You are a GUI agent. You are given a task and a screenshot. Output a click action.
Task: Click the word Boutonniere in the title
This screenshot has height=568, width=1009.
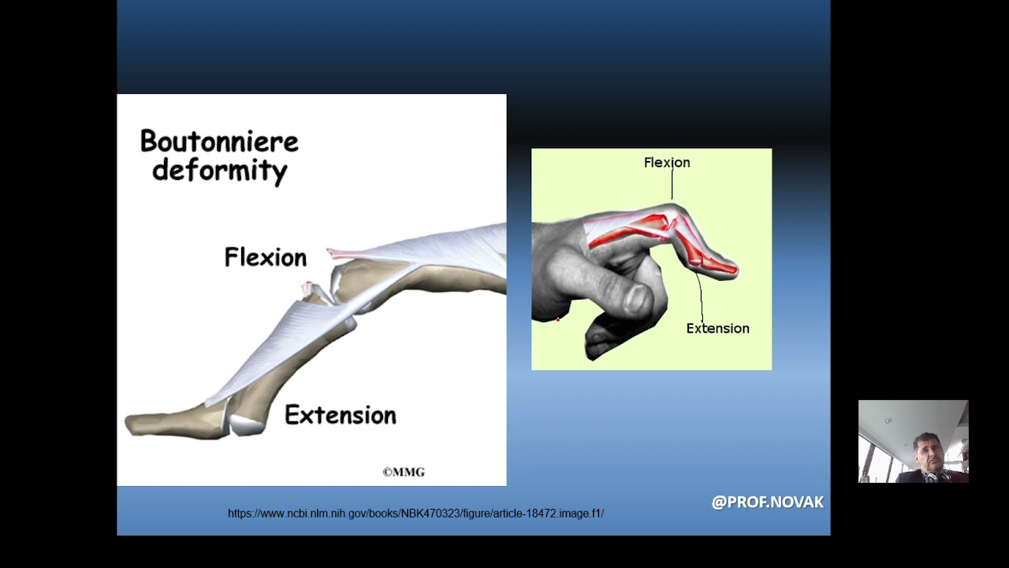tap(219, 142)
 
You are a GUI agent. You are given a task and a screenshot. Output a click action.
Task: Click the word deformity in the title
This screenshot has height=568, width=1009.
tap(219, 170)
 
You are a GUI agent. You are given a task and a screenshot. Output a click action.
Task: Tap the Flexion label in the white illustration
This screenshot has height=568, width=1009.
tap(265, 258)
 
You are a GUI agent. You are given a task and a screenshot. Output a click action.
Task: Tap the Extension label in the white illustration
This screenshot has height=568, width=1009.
tap(340, 416)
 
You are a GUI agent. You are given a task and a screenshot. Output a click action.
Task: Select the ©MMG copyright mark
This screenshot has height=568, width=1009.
tap(404, 473)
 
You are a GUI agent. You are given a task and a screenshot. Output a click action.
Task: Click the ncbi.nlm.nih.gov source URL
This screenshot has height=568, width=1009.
tap(415, 514)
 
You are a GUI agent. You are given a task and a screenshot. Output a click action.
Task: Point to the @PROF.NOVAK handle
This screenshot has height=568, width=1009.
tap(767, 503)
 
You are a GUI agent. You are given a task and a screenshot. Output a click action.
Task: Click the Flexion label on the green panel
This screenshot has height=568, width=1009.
tap(666, 163)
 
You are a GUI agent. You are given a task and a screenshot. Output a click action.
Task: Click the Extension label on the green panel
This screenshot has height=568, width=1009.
tap(717, 328)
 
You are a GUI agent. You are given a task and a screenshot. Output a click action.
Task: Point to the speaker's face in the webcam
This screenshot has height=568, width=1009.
tap(929, 454)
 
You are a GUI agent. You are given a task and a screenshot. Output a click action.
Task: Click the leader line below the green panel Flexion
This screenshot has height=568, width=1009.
tap(672, 186)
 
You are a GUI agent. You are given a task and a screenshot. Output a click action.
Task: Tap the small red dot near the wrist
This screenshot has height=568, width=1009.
tap(558, 319)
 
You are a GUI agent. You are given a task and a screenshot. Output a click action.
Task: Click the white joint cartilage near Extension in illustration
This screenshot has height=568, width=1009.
tap(246, 425)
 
